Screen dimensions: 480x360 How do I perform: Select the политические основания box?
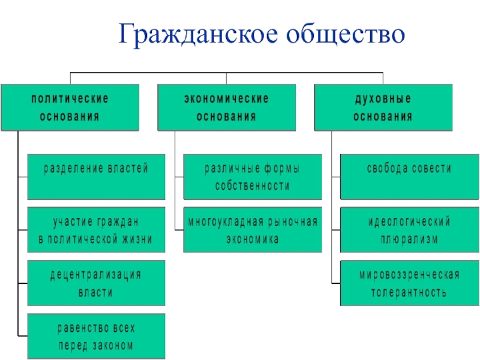pos(70,107)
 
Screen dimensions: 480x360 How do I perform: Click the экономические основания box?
pos(226,107)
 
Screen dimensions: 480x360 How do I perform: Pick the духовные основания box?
pos(383,107)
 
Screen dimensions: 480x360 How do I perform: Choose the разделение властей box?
pos(95,176)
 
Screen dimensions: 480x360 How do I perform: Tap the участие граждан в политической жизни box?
pos(95,229)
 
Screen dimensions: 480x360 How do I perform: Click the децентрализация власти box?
pos(95,283)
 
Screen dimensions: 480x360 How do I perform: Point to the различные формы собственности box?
pos(253,176)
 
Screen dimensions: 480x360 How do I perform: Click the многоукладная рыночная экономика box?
pos(253,229)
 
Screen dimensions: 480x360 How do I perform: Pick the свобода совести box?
pos(409,176)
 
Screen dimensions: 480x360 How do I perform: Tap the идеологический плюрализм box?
pos(409,229)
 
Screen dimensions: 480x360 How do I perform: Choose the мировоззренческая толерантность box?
pos(409,283)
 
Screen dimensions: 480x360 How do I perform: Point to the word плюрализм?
pos(409,239)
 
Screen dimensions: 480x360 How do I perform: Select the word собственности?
pos(253,186)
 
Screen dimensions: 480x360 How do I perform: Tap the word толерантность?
pos(409,293)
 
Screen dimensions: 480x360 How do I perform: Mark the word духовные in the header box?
pos(383,97)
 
